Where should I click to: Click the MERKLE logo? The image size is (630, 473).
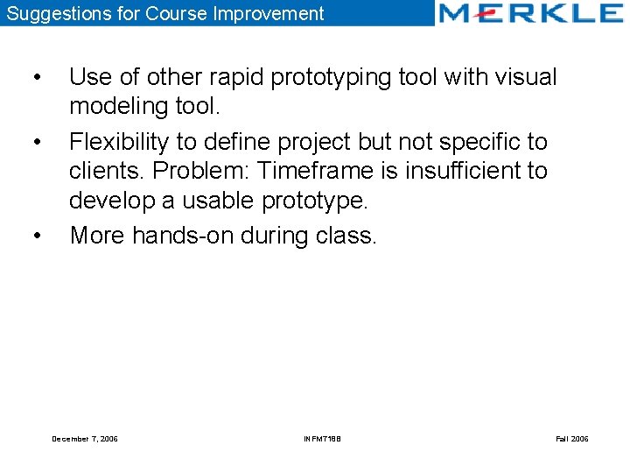[x=530, y=13]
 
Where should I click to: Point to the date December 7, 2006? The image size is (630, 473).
[x=85, y=438]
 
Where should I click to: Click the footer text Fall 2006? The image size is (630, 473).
[x=571, y=438]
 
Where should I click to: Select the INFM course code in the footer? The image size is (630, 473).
[x=322, y=438]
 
